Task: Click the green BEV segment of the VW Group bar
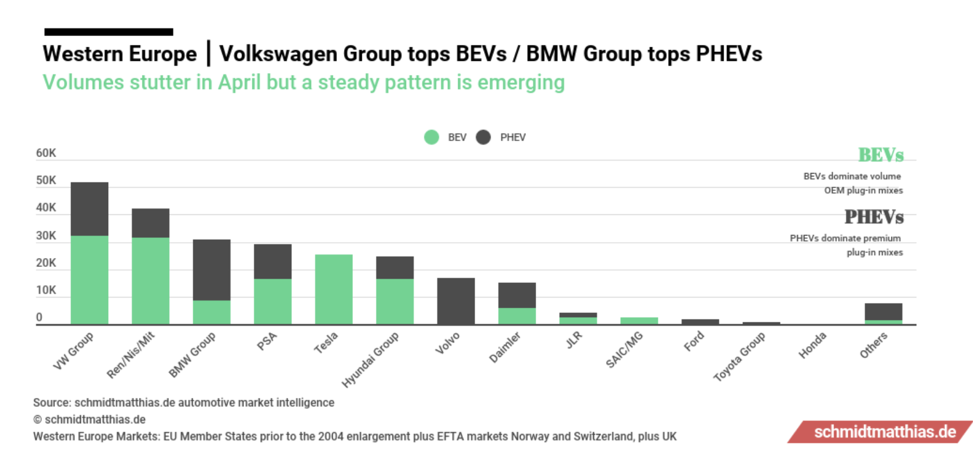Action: [x=89, y=279]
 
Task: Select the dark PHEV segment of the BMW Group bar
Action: [x=212, y=270]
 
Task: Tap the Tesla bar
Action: [x=333, y=289]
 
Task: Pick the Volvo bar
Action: [x=456, y=301]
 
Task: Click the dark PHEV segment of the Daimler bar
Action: [x=517, y=295]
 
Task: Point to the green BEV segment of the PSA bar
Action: [x=272, y=301]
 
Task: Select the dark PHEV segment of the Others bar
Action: [x=883, y=312]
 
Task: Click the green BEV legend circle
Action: [x=431, y=138]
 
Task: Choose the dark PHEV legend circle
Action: [x=483, y=138]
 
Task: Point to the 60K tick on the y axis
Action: [x=46, y=154]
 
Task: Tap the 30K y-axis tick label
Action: [x=46, y=236]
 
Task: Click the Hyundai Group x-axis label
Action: [x=371, y=359]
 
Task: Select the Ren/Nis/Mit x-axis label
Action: [x=131, y=354]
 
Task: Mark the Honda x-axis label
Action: [x=812, y=345]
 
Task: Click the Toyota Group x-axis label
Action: [x=739, y=356]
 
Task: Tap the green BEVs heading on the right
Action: [x=881, y=155]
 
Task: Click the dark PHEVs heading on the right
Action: [x=874, y=217]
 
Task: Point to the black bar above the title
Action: [x=109, y=32]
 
